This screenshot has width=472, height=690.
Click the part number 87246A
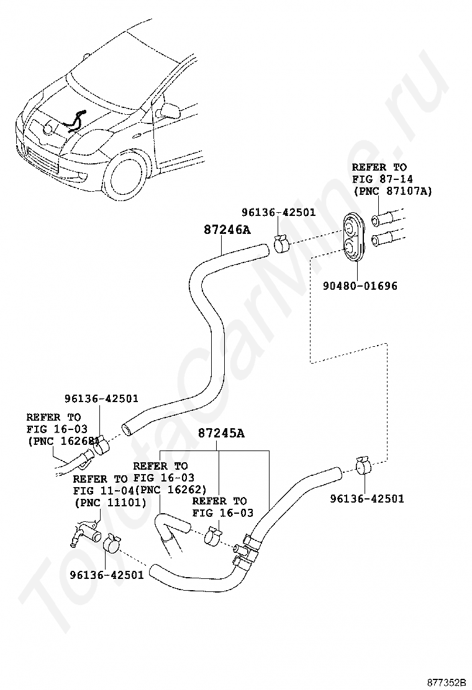(x=227, y=229)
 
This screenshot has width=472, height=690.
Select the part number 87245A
(x=220, y=434)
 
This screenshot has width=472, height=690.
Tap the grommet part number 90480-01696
(x=360, y=285)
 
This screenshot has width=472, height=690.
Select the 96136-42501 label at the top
(x=278, y=212)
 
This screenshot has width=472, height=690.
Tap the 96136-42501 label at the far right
(x=367, y=499)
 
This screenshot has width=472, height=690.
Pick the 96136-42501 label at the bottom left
(x=107, y=575)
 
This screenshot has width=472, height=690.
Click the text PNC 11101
(x=110, y=503)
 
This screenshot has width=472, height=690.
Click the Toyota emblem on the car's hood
(x=49, y=128)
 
